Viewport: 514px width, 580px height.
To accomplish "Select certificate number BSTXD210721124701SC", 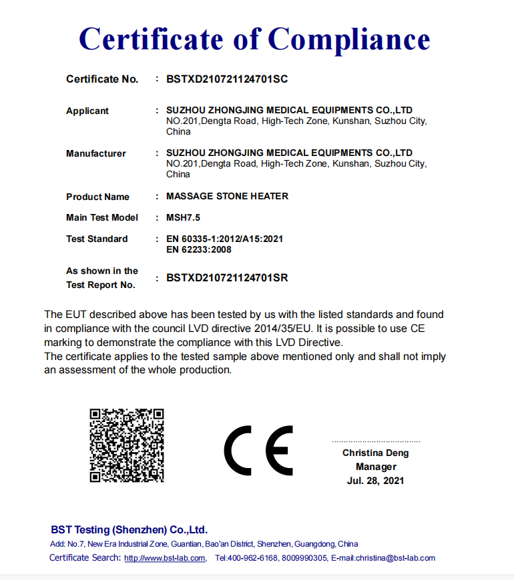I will coord(227,79).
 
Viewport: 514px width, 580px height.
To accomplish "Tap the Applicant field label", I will coord(87,111).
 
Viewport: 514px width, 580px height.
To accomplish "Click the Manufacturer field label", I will coord(96,153).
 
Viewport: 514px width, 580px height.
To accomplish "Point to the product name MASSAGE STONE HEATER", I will coord(227,197).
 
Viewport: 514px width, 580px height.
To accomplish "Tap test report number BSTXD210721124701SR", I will coord(227,278).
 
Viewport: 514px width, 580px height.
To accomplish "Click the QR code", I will coord(127,445).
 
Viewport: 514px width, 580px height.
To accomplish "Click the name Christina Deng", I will coord(376,453).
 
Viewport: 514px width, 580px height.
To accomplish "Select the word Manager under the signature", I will coord(376,467).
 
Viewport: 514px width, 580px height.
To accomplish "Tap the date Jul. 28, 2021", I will coord(376,481).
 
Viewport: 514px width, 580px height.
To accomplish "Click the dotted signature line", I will coord(376,441).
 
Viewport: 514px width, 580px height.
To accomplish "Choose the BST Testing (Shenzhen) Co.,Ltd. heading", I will coord(130,530).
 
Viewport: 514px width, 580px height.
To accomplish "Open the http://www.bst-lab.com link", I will coord(165,558).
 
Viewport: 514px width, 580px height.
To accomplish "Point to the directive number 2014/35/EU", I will coord(280,328).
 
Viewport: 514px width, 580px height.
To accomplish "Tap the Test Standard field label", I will coord(97,239).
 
